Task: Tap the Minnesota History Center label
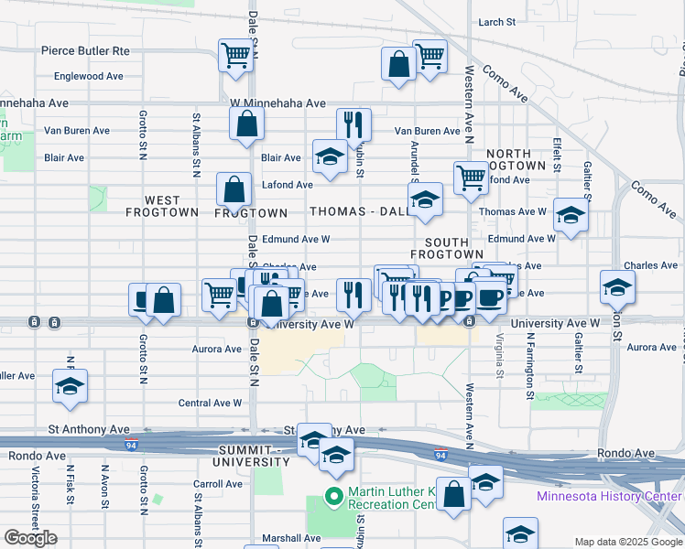click(x=607, y=497)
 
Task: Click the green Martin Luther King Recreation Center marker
click(x=335, y=498)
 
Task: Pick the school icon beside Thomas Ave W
click(x=571, y=216)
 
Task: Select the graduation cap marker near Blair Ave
click(x=330, y=156)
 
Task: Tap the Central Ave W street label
click(x=210, y=402)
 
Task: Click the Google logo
click(x=30, y=538)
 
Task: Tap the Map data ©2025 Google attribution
click(x=628, y=542)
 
